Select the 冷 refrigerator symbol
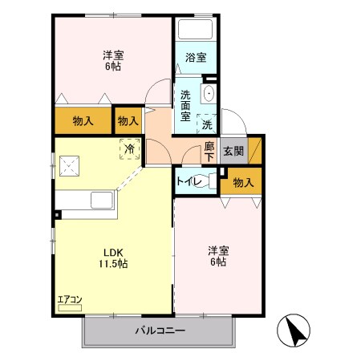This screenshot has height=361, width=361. (129, 148)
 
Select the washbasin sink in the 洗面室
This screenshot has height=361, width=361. (209, 94)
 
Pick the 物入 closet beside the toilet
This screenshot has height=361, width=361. (242, 183)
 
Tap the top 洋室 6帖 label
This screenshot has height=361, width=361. (113, 61)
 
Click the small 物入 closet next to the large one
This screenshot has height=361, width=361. (128, 121)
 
